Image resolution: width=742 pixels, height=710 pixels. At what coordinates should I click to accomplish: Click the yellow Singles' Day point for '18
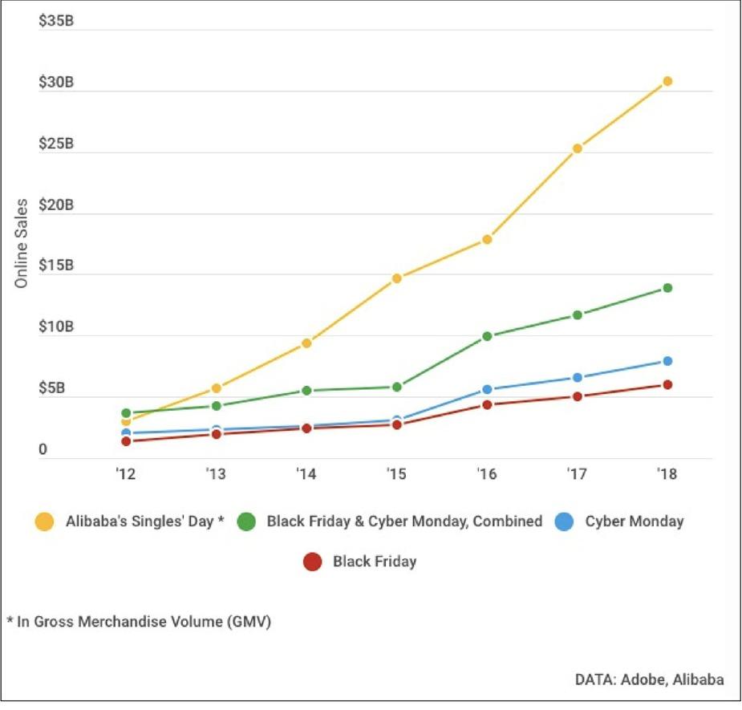667,81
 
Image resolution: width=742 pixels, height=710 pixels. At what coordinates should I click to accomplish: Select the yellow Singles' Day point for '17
577,148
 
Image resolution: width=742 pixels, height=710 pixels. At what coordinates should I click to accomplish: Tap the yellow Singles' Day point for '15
396,278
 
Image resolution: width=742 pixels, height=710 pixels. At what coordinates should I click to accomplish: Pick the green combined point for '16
487,336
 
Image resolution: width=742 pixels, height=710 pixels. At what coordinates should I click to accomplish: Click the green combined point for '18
667,288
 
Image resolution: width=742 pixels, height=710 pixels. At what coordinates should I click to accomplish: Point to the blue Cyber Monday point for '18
667,361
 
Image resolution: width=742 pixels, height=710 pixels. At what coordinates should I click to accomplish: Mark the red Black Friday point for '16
487,404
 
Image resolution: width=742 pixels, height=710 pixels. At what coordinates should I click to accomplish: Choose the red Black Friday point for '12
126,441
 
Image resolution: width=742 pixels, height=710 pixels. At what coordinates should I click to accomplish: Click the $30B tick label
56,83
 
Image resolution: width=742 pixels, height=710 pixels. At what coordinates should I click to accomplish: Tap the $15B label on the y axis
56,266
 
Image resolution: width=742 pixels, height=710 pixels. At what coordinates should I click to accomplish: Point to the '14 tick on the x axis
306,473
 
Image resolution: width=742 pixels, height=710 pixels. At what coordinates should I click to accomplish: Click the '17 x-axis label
576,473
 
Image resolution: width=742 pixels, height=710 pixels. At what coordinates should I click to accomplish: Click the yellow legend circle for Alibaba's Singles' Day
46,521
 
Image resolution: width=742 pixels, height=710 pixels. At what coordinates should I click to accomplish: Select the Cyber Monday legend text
635,521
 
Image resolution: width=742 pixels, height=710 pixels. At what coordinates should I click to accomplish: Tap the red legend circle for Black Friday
313,562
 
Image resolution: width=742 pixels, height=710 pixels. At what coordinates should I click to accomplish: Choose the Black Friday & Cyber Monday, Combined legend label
404,521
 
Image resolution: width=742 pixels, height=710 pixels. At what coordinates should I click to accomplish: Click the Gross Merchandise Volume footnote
138,622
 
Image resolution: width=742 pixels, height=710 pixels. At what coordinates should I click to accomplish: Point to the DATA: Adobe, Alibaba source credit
649,680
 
